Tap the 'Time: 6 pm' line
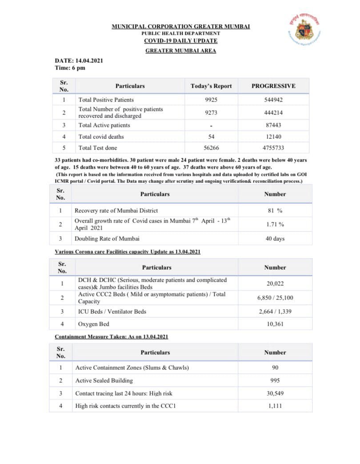pyautogui.click(x=70, y=68)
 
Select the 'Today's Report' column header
pyautogui.click(x=211, y=86)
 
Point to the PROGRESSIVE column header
pyautogui.click(x=273, y=86)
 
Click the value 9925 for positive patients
pyautogui.click(x=211, y=100)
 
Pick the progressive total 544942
pyautogui.click(x=273, y=100)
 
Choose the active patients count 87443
pyautogui.click(x=273, y=125)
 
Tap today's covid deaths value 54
pyautogui.click(x=211, y=137)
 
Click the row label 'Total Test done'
pyautogui.click(x=98, y=148)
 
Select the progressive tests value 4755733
pyautogui.click(x=273, y=148)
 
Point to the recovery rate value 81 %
pyautogui.click(x=275, y=210)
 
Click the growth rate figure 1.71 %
pyautogui.click(x=275, y=224)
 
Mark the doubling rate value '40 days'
pyautogui.click(x=275, y=238)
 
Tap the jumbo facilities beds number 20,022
pyautogui.click(x=275, y=283)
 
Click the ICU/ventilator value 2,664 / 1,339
pyautogui.click(x=275, y=311)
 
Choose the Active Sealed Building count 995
pyautogui.click(x=275, y=380)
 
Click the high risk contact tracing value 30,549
pyautogui.click(x=275, y=393)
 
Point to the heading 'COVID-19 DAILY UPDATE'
pyautogui.click(x=180, y=41)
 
